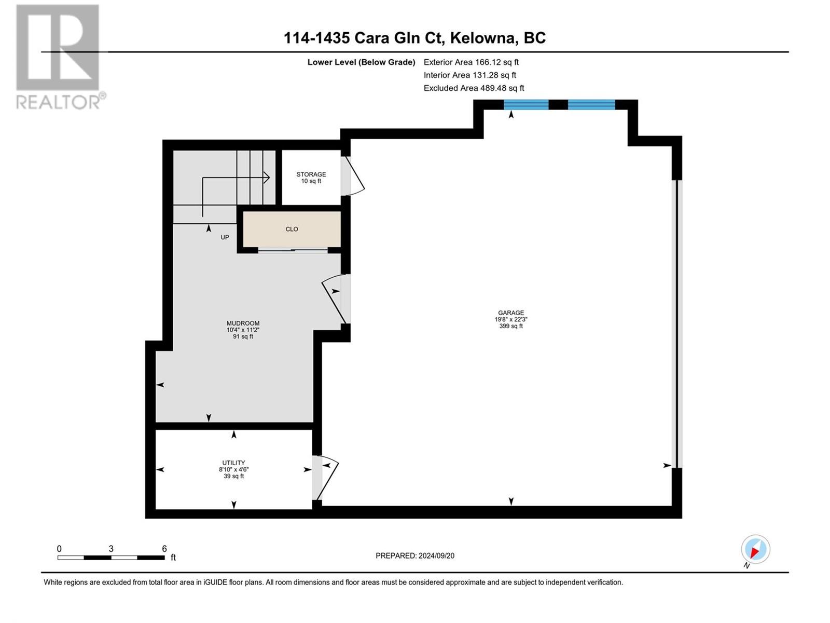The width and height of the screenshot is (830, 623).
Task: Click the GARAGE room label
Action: (510, 313)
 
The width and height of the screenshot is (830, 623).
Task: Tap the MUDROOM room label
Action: (243, 323)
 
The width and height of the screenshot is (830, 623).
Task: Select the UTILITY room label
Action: (233, 463)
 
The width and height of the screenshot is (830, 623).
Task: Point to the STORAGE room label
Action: (311, 174)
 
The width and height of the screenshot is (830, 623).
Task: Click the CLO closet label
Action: (292, 229)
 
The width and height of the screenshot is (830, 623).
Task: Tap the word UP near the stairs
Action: (225, 238)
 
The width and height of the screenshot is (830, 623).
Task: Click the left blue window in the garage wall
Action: (526, 104)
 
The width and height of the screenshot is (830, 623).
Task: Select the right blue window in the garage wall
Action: (591, 104)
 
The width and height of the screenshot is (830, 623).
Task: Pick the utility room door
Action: (326, 478)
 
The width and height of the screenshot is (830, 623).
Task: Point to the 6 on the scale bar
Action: (164, 548)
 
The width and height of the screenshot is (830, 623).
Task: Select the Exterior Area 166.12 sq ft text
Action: (471, 62)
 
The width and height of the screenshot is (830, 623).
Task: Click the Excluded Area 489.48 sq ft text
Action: (474, 88)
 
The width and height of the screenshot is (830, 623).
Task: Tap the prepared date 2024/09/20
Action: (436, 556)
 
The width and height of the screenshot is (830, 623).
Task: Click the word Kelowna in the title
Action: (484, 38)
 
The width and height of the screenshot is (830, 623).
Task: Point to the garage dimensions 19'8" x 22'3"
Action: (510, 319)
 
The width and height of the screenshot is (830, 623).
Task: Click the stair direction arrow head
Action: (267, 177)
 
